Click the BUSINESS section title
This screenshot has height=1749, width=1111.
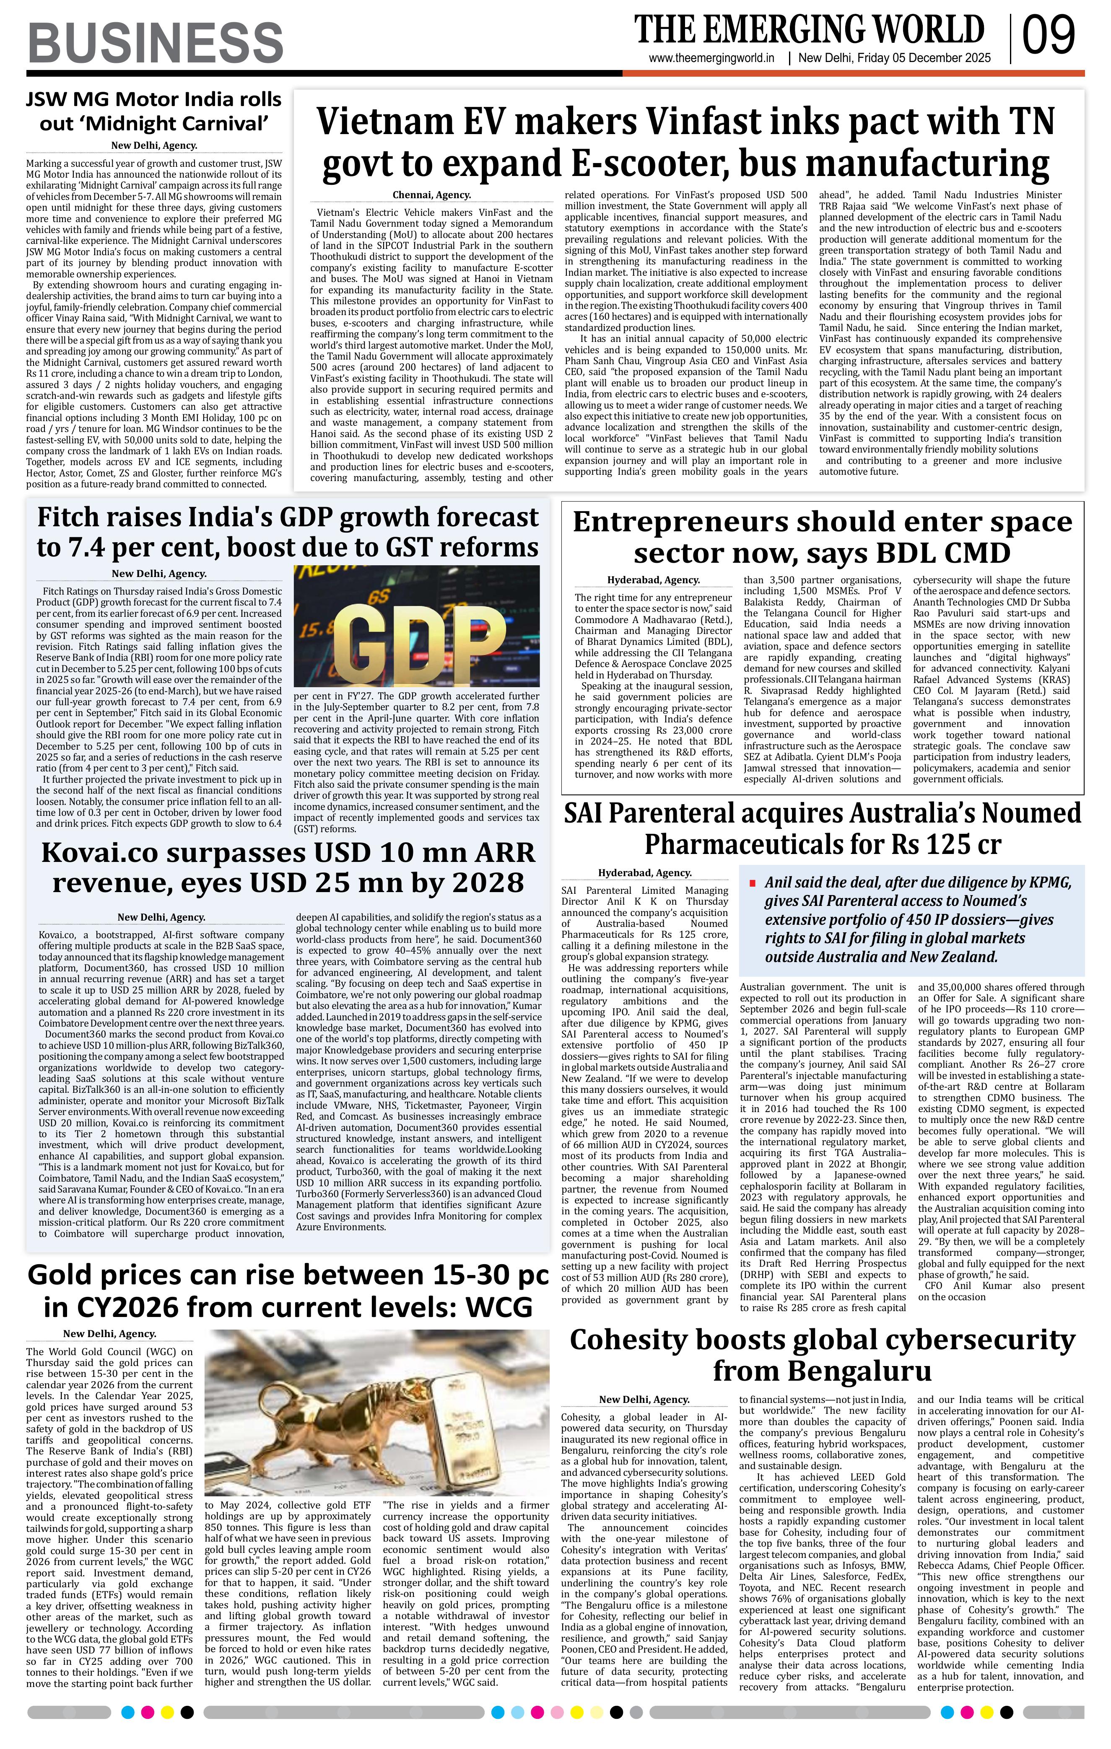(156, 42)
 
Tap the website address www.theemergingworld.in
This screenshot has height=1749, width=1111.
(711, 59)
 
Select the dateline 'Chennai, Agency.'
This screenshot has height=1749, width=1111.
(431, 195)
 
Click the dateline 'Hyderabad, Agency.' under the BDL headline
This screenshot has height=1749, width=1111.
(653, 580)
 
